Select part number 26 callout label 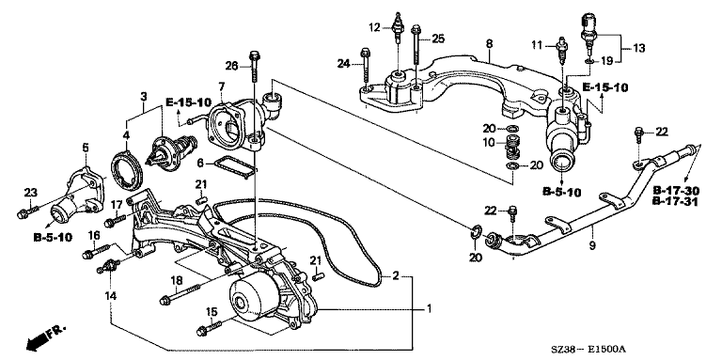(x=233, y=67)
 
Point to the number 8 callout (x=489, y=43)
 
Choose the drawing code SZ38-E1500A (x=590, y=350)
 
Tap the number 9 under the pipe (x=592, y=245)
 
